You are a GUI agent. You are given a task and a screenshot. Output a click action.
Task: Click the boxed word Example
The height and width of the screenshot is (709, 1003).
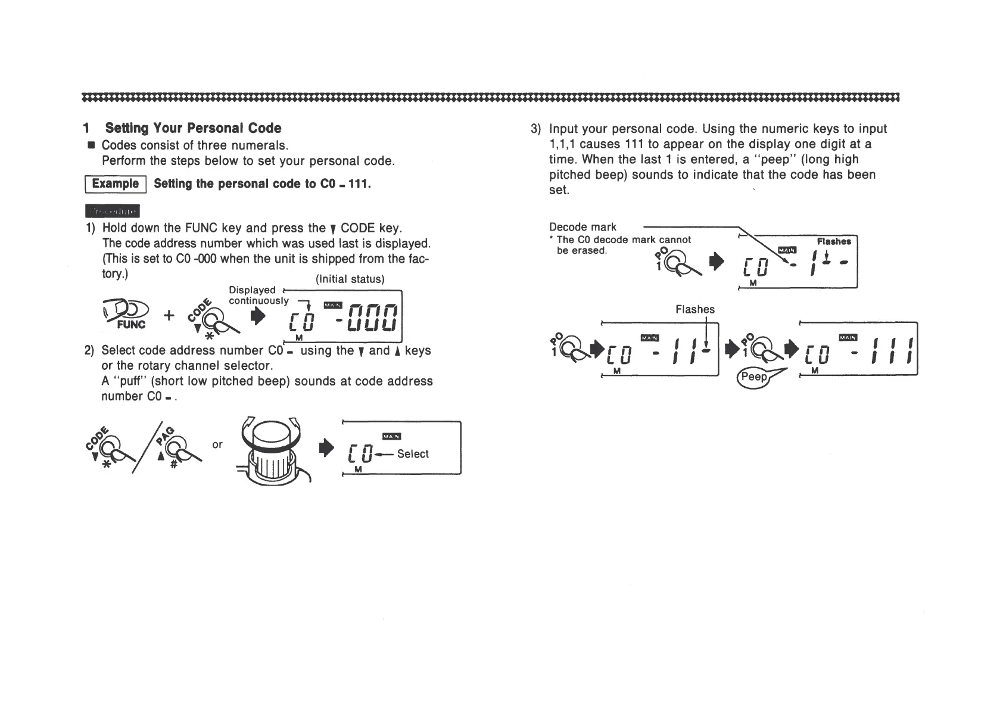[x=115, y=184]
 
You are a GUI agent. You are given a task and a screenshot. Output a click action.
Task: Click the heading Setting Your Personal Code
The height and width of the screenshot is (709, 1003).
[x=193, y=128]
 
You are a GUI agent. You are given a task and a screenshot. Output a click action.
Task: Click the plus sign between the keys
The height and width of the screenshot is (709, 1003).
[x=169, y=315]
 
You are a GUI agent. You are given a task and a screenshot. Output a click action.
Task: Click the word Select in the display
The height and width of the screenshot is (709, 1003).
[x=413, y=454]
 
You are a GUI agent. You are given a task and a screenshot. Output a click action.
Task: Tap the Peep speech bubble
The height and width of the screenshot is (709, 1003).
[x=753, y=377]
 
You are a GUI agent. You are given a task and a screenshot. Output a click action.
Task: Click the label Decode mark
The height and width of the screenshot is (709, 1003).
[x=583, y=227]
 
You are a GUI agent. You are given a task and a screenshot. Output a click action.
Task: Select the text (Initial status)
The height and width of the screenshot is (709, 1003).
[x=350, y=279]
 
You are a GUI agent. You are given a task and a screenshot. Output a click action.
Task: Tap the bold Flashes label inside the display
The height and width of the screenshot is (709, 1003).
[x=833, y=241]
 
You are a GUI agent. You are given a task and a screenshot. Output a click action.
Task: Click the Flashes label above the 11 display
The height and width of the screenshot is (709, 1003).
[x=694, y=309]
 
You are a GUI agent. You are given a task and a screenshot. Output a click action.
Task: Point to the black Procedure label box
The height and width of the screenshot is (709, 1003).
[x=113, y=212]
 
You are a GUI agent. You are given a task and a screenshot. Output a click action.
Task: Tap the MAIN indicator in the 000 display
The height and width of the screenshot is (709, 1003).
[x=332, y=305]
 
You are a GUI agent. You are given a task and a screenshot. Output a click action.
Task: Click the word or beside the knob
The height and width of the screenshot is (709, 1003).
[x=217, y=444]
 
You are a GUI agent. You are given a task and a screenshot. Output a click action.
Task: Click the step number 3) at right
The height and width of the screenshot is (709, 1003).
[x=535, y=129]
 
